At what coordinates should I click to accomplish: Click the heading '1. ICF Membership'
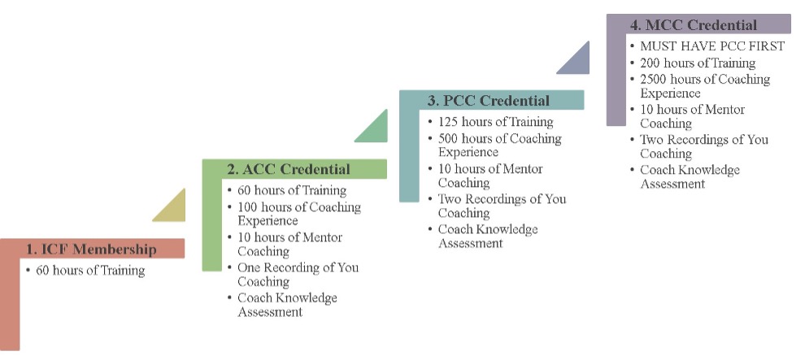91,249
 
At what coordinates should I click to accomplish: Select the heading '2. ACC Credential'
289,169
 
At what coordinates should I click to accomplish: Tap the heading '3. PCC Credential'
489,101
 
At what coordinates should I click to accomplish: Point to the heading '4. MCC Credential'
694,25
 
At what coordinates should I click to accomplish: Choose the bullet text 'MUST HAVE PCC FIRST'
712,46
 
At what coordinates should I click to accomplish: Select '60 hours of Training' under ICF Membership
90,271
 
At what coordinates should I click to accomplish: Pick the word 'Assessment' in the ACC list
270,312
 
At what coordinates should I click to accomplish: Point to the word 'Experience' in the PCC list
468,152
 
